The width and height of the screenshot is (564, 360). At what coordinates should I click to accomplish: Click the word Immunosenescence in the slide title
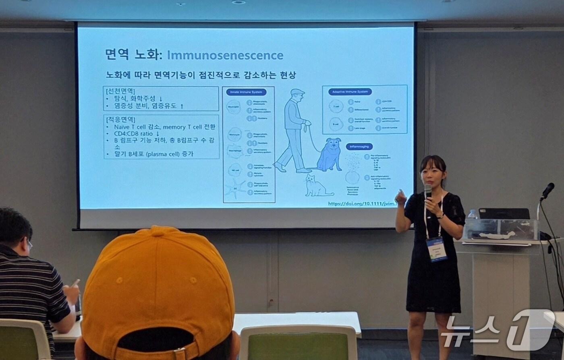(x=225, y=55)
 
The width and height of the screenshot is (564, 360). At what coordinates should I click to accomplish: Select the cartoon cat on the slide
(x=316, y=186)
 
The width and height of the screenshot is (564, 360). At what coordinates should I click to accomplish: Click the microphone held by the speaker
(x=428, y=191)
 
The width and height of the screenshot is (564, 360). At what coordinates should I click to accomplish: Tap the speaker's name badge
(x=436, y=248)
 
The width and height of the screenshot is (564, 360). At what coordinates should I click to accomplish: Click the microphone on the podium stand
(x=547, y=190)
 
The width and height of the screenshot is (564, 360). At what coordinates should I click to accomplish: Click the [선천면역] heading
(x=120, y=91)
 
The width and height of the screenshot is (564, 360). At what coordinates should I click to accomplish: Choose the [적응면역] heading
(x=120, y=120)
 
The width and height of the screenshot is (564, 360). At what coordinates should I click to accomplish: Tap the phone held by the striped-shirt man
(x=75, y=283)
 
